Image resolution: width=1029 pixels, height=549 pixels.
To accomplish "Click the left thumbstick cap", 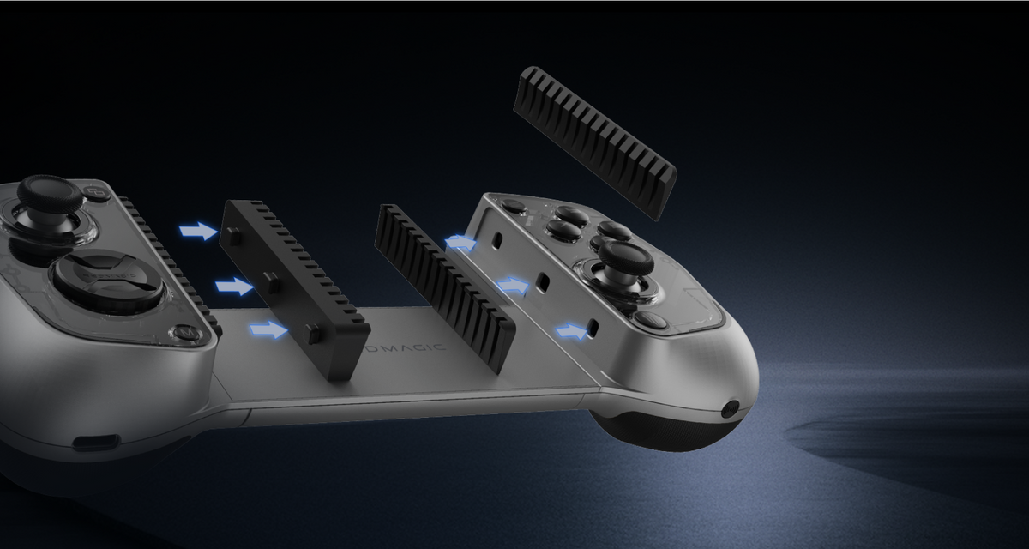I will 51,194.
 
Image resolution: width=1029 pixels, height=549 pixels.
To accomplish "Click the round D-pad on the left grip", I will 107,279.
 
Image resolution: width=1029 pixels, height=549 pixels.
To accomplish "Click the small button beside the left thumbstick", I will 96,193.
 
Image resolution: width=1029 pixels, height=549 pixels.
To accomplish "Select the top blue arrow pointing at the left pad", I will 198,231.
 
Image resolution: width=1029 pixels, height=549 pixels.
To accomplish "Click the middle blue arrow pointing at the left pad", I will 234,286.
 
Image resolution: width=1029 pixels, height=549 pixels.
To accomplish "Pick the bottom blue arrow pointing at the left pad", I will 268,329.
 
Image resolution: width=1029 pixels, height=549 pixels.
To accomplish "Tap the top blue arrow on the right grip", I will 461,243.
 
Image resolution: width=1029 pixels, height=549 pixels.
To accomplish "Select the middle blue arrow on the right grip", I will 513,285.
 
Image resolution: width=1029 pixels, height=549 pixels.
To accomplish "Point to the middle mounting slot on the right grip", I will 542,281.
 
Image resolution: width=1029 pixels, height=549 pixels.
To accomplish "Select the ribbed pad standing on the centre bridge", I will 446,283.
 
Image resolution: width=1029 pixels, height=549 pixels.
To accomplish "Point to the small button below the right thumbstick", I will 651,321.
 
